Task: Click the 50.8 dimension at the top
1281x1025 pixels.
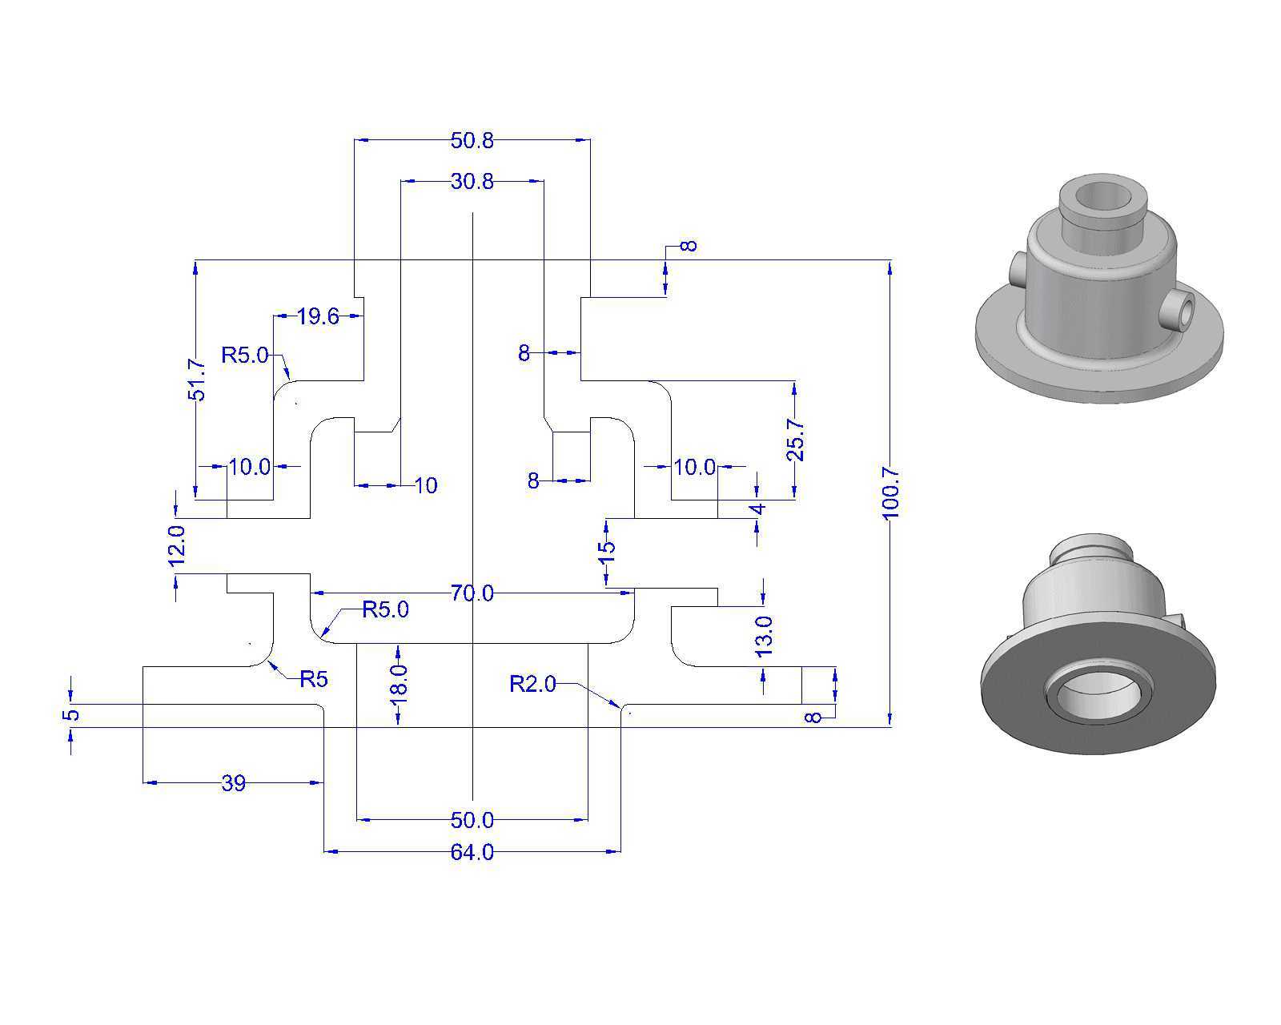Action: coord(472,141)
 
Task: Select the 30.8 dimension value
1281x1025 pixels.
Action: coord(472,181)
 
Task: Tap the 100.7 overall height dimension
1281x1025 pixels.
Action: coord(891,493)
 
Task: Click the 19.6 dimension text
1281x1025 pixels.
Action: coord(318,316)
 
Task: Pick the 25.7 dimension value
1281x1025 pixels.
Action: coord(795,440)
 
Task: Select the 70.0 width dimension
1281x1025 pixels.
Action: coord(472,593)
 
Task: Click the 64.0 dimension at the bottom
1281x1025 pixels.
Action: coord(472,852)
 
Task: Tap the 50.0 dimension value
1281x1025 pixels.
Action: coord(472,820)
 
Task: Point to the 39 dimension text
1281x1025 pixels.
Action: coord(233,783)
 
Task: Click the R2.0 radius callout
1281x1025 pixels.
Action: coord(532,684)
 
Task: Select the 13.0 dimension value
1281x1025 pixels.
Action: coord(764,637)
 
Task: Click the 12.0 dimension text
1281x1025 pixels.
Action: coord(177,545)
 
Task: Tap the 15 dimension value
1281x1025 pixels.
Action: coord(607,553)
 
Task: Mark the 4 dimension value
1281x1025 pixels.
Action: coord(757,509)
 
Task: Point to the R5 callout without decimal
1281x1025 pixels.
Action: coord(314,679)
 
